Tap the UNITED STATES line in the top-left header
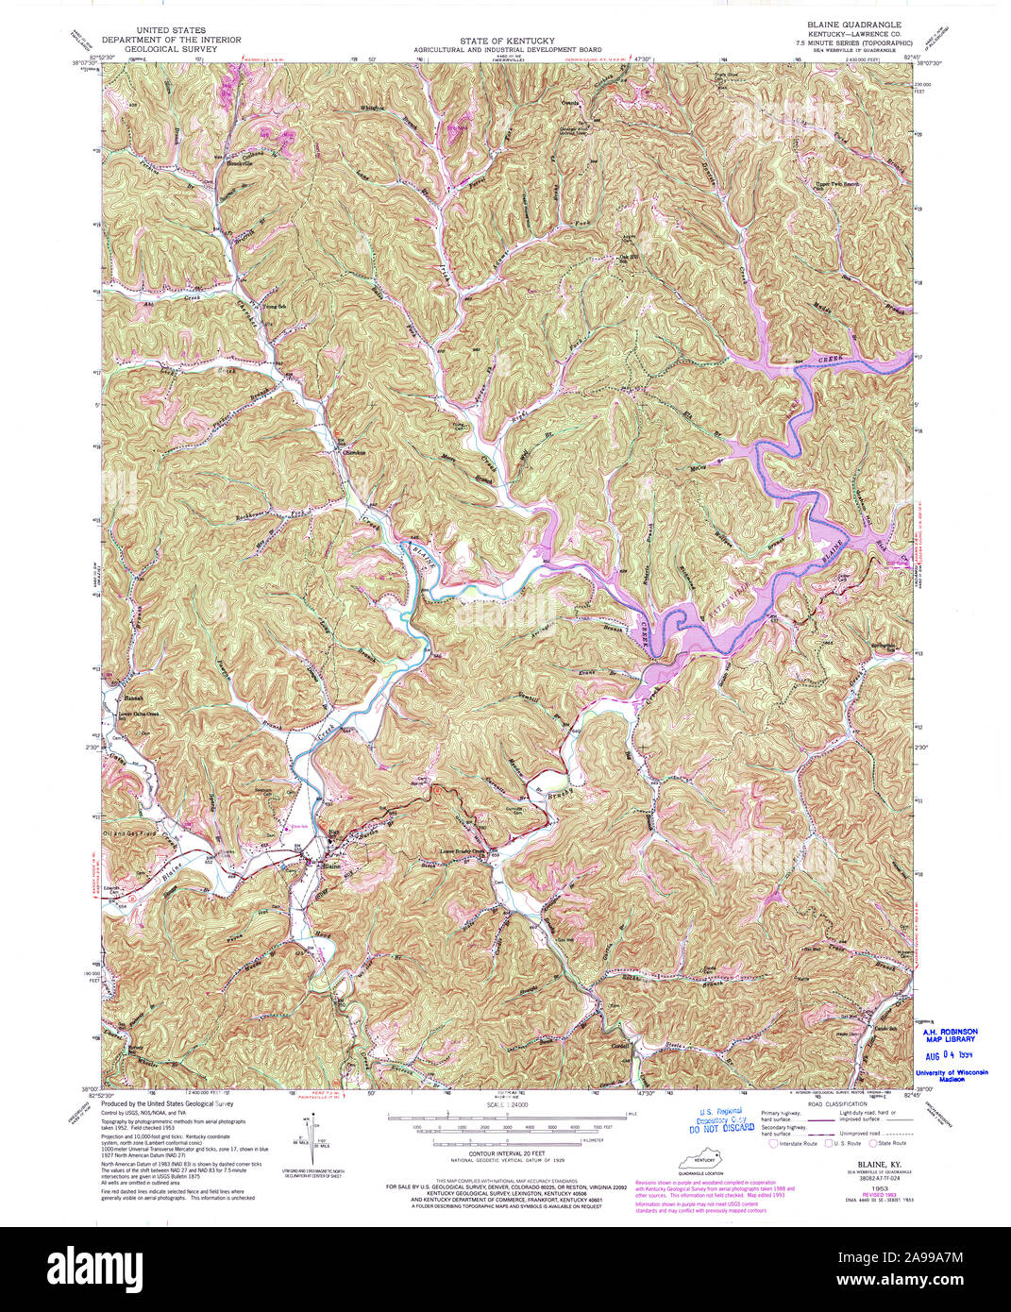171,31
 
